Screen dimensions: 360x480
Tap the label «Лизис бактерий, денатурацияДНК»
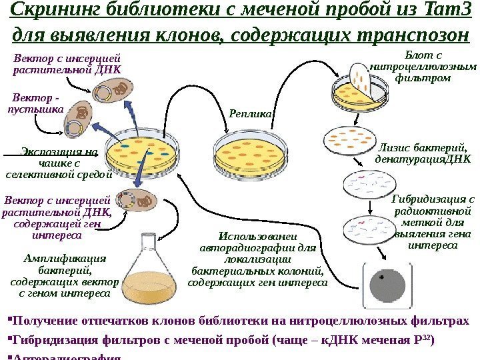(x=423, y=154)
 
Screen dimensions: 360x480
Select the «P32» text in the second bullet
(x=424, y=339)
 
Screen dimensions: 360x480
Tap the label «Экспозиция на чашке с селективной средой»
(x=59, y=164)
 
